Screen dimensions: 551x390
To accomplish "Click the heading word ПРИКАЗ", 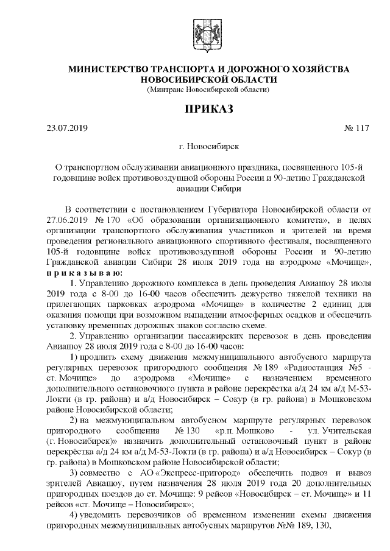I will pos(201,110).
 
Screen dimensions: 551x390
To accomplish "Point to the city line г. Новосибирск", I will pos(201,147).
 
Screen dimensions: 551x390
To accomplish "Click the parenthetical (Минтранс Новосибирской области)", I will pos(201,90).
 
